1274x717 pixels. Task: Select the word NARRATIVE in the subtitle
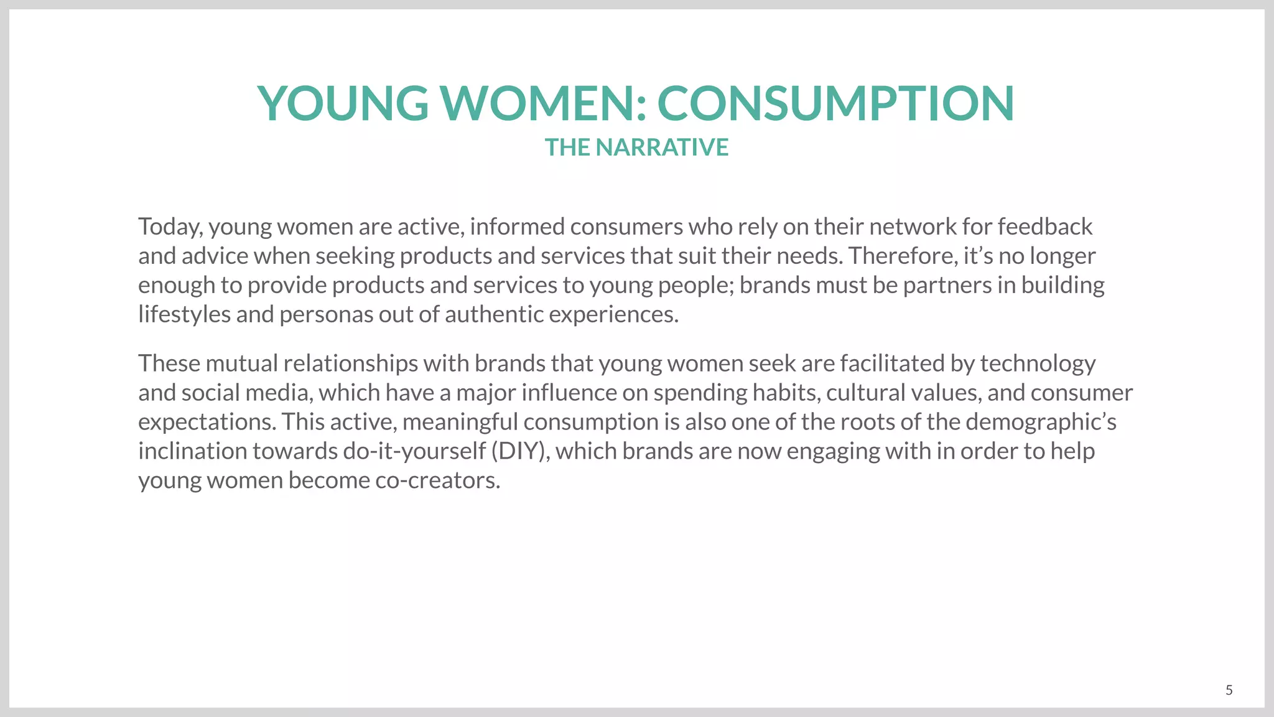[x=662, y=148]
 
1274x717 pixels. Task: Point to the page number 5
[x=1229, y=690]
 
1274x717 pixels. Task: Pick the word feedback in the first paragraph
[x=1045, y=227]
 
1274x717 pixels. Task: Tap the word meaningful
[x=460, y=422]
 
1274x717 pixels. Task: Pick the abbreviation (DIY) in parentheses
[x=520, y=451]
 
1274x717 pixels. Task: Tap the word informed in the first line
[x=517, y=227]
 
